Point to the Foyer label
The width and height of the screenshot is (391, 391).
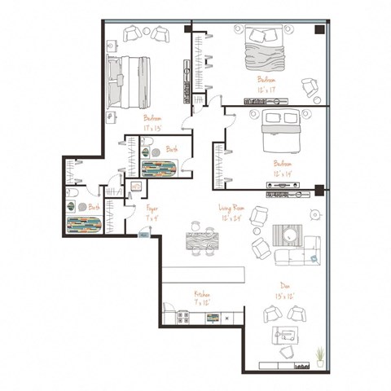click(x=152, y=210)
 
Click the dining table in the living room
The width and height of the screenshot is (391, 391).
click(x=198, y=242)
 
